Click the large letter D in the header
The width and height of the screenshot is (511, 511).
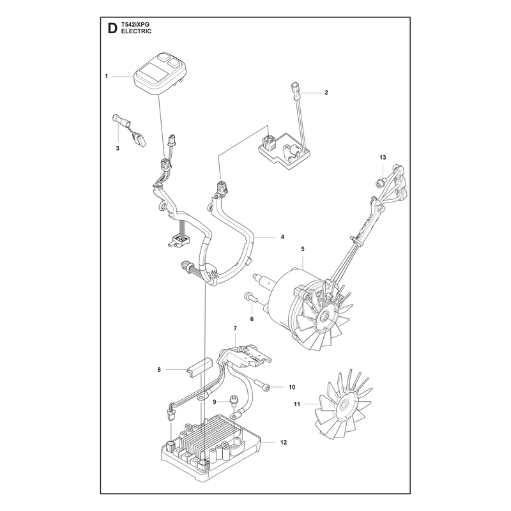(x=112, y=29)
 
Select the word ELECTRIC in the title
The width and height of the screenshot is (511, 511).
(x=136, y=31)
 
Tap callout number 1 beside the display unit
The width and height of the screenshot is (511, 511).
(x=106, y=76)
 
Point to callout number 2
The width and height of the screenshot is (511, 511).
(x=326, y=93)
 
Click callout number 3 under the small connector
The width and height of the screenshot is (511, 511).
(x=118, y=148)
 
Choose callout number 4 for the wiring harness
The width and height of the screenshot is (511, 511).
(x=282, y=237)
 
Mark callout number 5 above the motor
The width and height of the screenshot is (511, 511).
(x=303, y=249)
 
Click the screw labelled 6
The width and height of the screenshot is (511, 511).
(x=250, y=298)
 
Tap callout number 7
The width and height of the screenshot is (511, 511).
(x=235, y=328)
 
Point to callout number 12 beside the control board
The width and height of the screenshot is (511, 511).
(x=284, y=442)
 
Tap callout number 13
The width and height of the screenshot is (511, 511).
(x=383, y=157)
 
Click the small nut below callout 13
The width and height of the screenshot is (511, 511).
(x=380, y=183)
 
